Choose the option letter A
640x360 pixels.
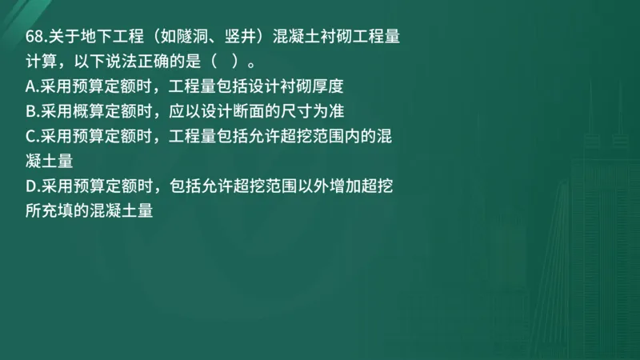pyautogui.click(x=30, y=86)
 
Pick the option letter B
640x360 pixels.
pyautogui.click(x=30, y=110)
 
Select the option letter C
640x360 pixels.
pyautogui.click(x=30, y=135)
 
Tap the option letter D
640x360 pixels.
pyautogui.click(x=30, y=186)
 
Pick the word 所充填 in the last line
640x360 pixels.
pyautogui.click(x=50, y=211)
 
